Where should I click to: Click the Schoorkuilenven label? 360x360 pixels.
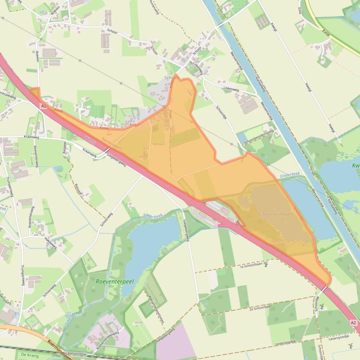coord(275,214)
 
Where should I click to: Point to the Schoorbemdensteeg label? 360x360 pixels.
coord(258,134)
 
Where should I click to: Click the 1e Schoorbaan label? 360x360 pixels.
coord(249,265)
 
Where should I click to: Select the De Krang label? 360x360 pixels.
coord(29,355)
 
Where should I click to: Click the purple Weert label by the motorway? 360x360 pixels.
coord(91,139)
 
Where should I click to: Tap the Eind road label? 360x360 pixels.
coord(326,32)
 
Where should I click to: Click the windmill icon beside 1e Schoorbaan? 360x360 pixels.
coord(266,264)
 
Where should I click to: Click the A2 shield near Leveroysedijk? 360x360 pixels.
coord(353,323)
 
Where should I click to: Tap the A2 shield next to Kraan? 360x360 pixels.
coord(44,106)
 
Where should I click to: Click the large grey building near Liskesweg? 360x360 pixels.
coord(249,104)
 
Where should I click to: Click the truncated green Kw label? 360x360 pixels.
coord(355,166)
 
